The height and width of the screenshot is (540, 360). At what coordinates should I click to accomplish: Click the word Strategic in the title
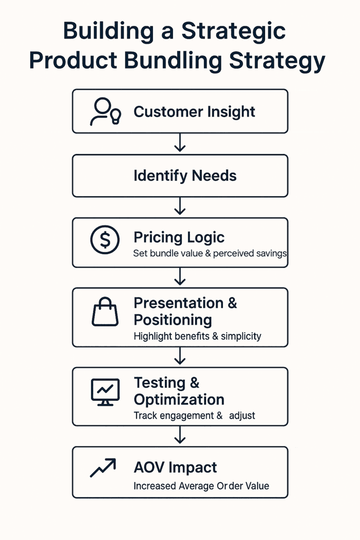(x=233, y=32)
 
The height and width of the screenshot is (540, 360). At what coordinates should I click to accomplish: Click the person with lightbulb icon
(x=105, y=111)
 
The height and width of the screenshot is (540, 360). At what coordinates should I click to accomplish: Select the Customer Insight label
(x=194, y=112)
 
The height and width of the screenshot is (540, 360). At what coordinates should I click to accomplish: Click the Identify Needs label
(x=185, y=176)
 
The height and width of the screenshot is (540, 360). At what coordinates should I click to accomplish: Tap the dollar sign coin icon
(x=105, y=240)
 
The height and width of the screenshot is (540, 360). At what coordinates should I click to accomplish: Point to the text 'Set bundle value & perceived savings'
(x=210, y=253)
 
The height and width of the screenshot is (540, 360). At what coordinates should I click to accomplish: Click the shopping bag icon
(x=105, y=312)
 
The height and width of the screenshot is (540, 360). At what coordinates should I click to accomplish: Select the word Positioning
(x=172, y=320)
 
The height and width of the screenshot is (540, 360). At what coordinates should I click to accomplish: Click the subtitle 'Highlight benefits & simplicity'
(x=197, y=336)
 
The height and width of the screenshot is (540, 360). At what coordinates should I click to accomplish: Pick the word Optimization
(x=179, y=399)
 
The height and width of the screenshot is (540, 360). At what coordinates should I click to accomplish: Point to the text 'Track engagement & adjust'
(x=194, y=416)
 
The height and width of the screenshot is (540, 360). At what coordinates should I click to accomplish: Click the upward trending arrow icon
(x=103, y=468)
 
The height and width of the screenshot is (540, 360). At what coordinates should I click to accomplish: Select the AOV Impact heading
(x=175, y=468)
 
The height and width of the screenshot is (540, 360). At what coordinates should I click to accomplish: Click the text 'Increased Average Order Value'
(x=201, y=486)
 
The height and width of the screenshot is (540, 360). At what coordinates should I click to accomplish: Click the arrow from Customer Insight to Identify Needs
(x=180, y=143)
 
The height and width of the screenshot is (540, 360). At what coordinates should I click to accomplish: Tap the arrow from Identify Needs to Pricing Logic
(x=180, y=206)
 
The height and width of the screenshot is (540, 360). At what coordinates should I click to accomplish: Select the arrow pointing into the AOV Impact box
(x=180, y=435)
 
